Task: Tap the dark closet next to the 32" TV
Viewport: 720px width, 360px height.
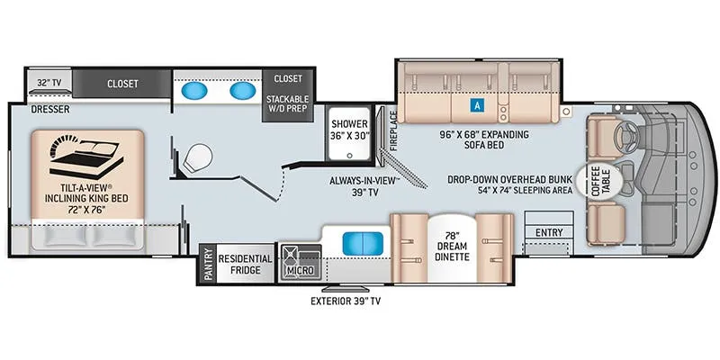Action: coord(122,84)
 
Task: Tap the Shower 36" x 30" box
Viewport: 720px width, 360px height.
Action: coord(347,130)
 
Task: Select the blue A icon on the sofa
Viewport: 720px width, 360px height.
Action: coord(474,104)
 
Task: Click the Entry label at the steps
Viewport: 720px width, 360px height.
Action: coord(548,232)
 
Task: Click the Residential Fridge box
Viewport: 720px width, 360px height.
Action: coord(246,264)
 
